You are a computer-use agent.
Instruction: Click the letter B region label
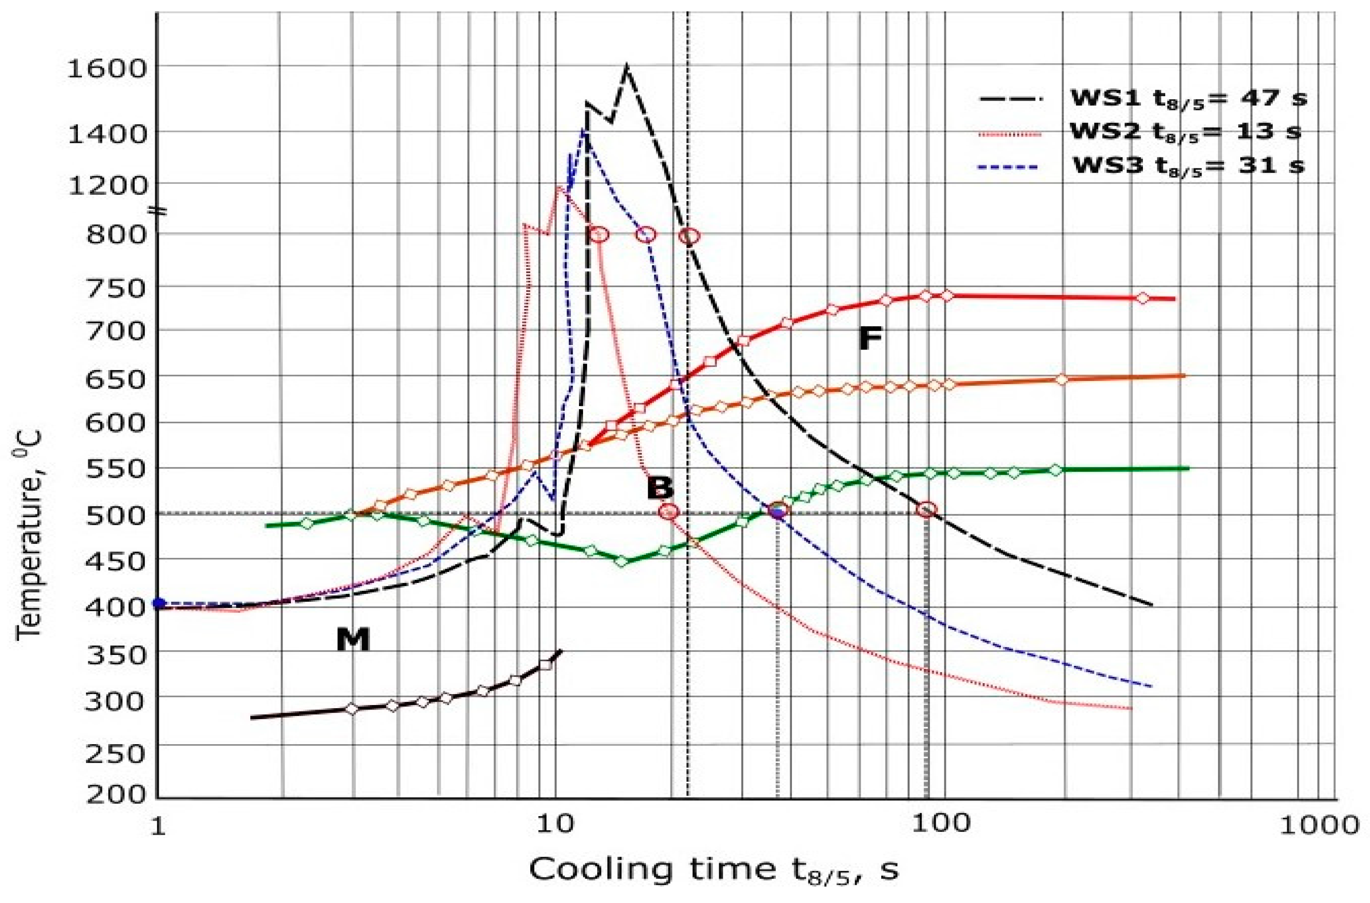pyautogui.click(x=660, y=488)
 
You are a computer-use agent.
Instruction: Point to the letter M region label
pyautogui.click(x=352, y=639)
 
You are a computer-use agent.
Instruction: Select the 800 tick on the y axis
pyautogui.click(x=115, y=235)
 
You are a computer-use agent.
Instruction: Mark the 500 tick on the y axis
pyautogui.click(x=115, y=514)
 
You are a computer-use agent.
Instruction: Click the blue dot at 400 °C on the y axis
pyautogui.click(x=159, y=603)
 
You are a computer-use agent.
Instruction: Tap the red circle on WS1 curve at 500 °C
pyautogui.click(x=927, y=510)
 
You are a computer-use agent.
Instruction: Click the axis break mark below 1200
pyautogui.click(x=158, y=210)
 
